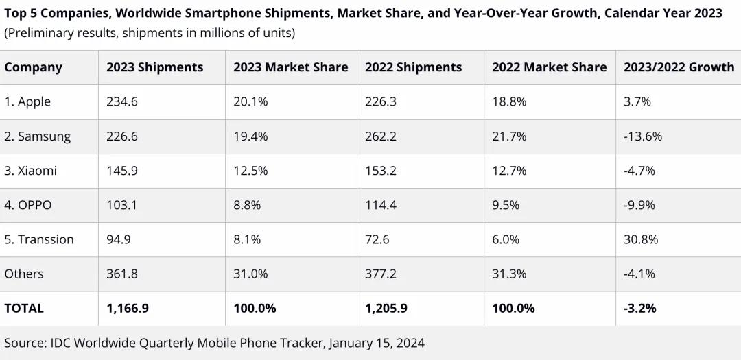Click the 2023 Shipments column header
coord(154,67)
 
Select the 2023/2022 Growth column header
coord(679,67)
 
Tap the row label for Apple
coord(27,101)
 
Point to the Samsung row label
coord(37,136)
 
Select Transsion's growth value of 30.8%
coord(641,239)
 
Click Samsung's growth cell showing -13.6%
coord(643,136)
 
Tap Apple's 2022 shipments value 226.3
coord(381,101)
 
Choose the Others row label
coord(24,274)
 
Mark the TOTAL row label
coord(24,308)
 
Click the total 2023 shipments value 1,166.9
coord(128,308)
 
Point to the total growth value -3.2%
coord(639,308)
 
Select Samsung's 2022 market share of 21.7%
coord(509,136)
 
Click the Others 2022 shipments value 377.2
coord(381,274)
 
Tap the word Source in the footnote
coord(24,343)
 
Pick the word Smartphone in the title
coord(223,14)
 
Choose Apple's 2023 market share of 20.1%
coord(250,101)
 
